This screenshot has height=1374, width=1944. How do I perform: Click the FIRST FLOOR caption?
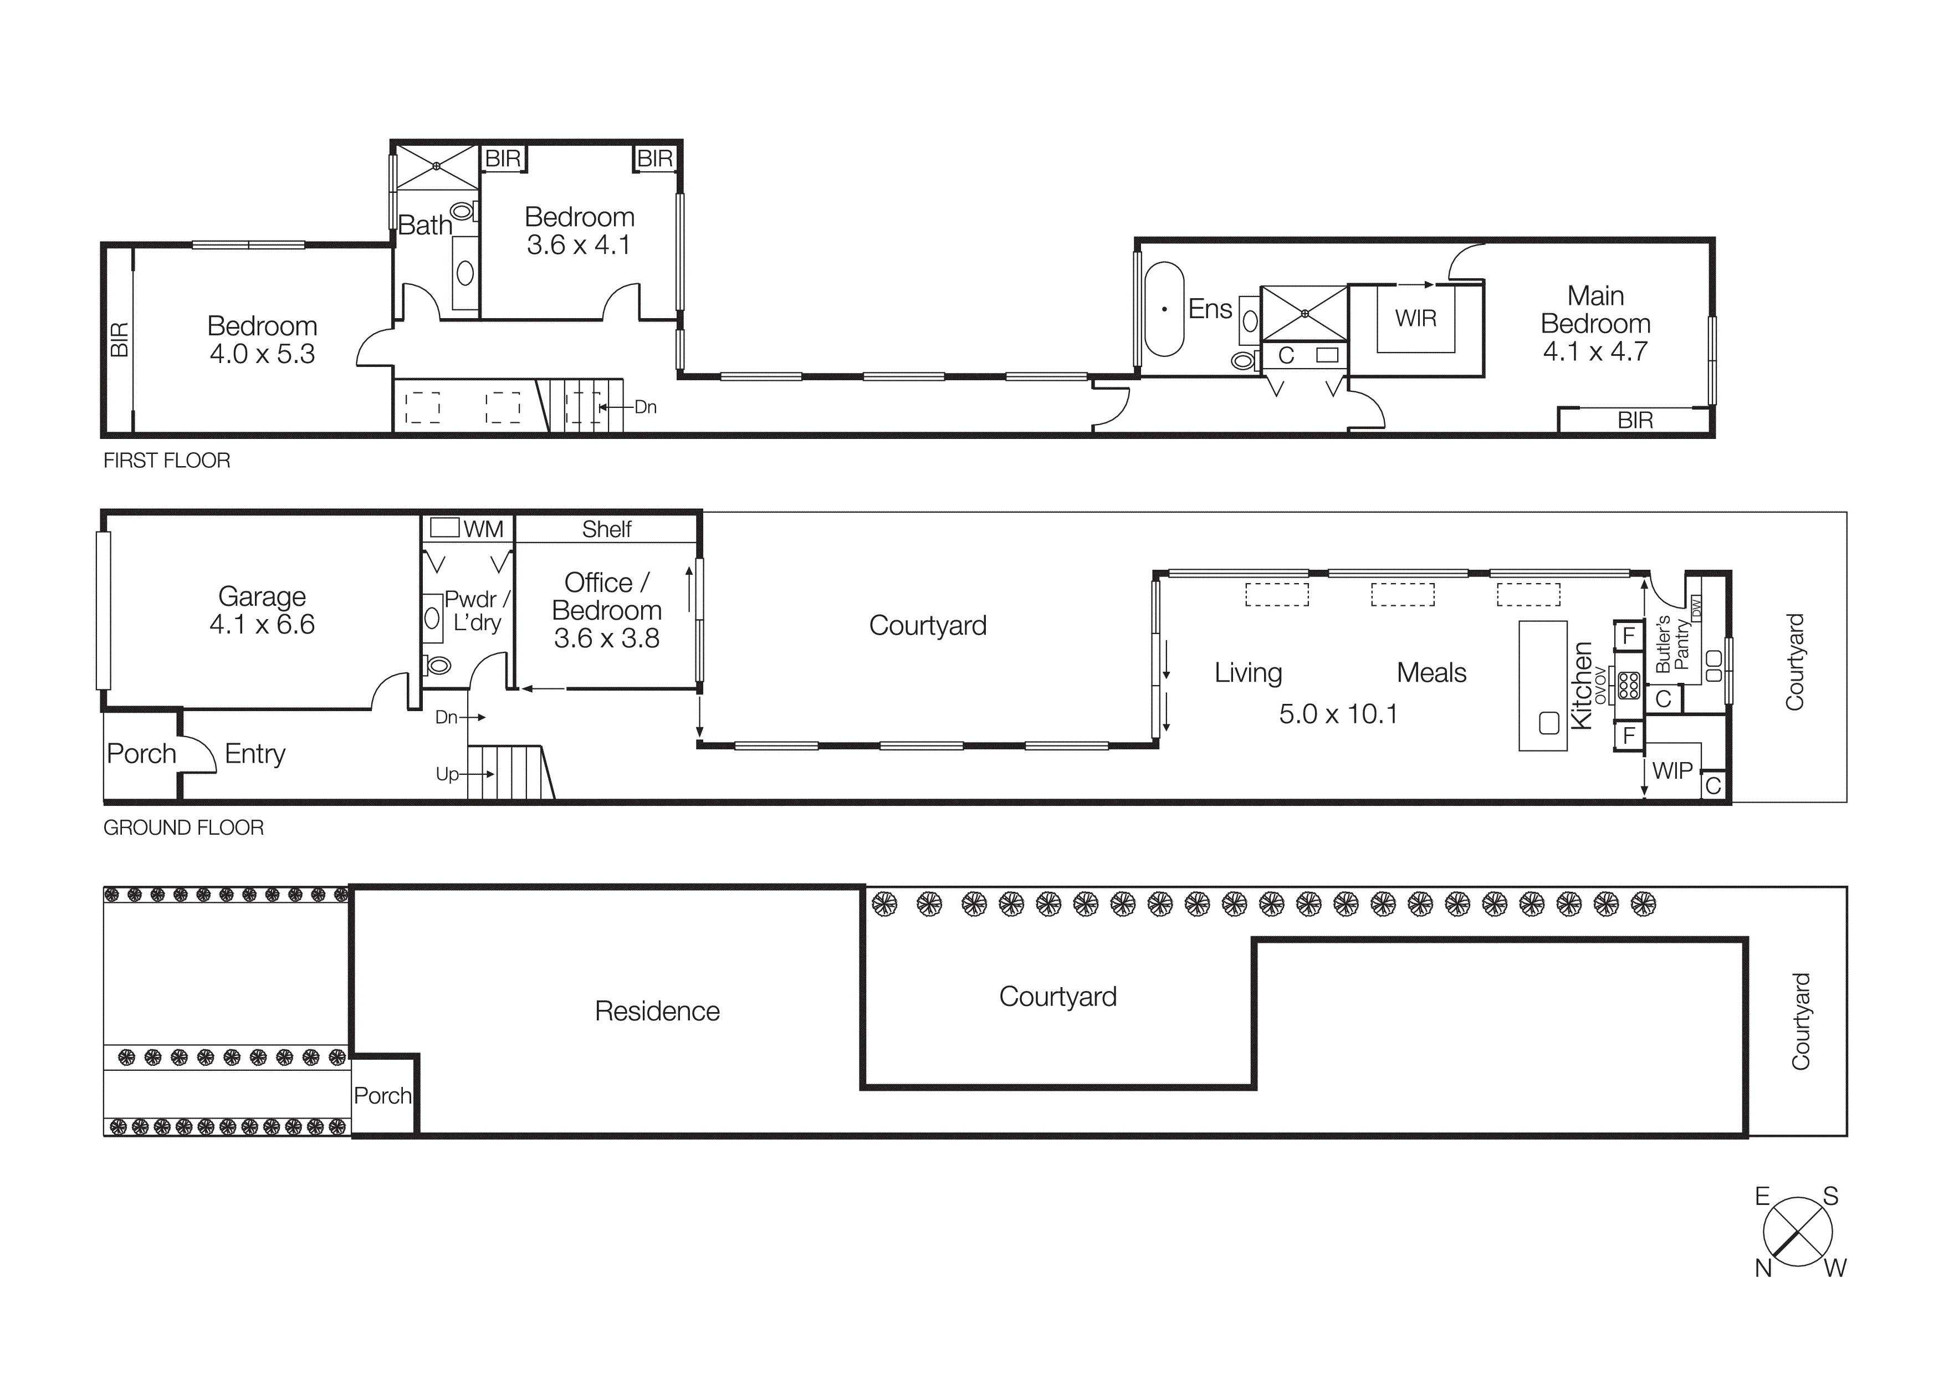coord(167,461)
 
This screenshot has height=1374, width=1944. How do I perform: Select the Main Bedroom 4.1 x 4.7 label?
coord(1595,323)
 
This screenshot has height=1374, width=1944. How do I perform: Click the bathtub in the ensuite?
coord(1164,309)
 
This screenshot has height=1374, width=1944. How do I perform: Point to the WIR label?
coord(1416,318)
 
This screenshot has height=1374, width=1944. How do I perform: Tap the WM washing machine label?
coord(483,529)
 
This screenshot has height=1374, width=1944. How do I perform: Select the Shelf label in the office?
coord(606,529)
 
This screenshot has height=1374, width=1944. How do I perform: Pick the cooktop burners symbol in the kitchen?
coord(1628,685)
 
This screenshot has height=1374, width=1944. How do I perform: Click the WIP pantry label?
coord(1672,770)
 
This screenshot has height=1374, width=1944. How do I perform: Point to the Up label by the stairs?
coord(447,774)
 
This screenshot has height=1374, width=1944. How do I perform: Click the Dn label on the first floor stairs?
coord(645,407)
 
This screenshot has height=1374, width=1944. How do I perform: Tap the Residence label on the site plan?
coord(657,1011)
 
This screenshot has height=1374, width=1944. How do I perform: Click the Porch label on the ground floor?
coord(141,753)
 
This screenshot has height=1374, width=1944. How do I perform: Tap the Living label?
coord(1248,672)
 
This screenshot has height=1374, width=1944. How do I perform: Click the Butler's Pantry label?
coord(1672,643)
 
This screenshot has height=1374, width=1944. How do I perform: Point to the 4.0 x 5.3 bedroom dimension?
coord(263,354)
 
